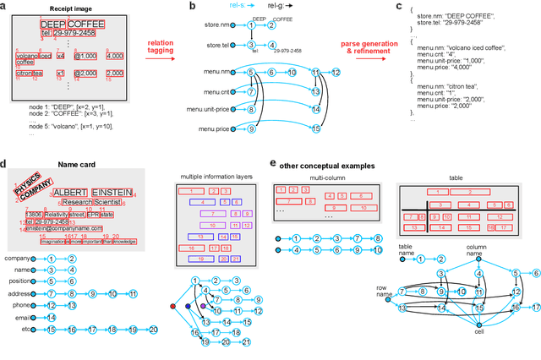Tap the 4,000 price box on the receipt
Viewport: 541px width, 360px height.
(114, 56)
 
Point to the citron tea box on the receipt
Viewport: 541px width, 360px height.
(29, 74)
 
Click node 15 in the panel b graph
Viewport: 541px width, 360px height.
(316, 128)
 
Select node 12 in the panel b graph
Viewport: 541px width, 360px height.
(336, 73)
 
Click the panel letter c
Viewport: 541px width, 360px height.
(399, 6)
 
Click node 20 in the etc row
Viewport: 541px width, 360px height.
(153, 330)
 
